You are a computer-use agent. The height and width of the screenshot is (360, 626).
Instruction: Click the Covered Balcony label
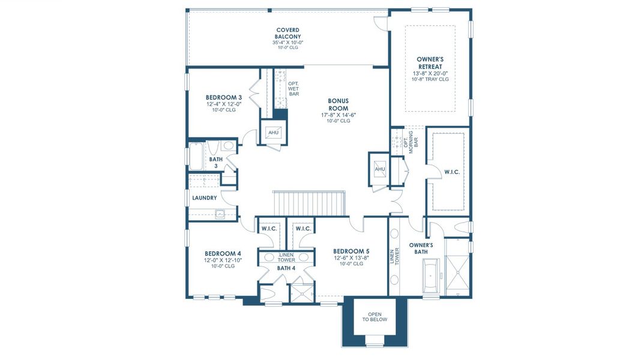(288, 33)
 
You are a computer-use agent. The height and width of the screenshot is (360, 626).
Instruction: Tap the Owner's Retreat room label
(430, 63)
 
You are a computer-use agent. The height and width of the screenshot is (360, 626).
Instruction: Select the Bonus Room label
(338, 104)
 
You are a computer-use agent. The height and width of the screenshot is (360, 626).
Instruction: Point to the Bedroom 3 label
(223, 97)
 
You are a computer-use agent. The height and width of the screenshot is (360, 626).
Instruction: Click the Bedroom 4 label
(223, 253)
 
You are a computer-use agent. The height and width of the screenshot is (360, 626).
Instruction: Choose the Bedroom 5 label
(351, 251)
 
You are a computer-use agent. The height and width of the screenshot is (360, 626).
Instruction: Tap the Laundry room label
(205, 198)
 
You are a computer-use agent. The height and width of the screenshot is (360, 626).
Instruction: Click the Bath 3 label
(216, 163)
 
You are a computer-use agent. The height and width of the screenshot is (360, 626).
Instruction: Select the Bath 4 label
(286, 268)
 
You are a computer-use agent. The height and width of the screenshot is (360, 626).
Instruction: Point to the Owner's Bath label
(421, 248)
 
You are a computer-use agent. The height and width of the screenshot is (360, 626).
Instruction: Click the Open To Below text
(375, 317)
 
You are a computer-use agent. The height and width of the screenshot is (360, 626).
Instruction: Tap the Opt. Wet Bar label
(294, 89)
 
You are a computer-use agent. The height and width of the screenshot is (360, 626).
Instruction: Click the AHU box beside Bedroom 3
(274, 132)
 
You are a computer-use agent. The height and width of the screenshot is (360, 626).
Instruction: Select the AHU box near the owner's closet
(380, 169)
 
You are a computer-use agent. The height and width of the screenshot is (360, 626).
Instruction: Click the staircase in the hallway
(309, 203)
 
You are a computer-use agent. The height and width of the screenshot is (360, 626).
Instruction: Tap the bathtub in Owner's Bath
(430, 275)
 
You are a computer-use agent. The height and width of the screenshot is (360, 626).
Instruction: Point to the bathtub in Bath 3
(196, 156)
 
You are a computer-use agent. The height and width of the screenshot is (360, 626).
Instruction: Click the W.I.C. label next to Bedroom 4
(269, 229)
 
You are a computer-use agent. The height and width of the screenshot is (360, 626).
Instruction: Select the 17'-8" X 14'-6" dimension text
(339, 115)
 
